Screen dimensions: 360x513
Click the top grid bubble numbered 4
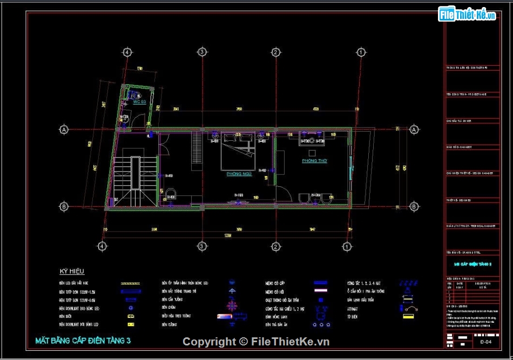[x=127, y=52]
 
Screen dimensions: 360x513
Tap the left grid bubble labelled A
[x=64, y=130]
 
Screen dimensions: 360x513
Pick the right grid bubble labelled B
[x=414, y=206]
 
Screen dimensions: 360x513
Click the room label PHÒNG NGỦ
[x=239, y=174]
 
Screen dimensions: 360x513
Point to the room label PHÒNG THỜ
[x=314, y=161]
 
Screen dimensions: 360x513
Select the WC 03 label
[x=139, y=101]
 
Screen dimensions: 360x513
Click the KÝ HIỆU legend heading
[x=72, y=271]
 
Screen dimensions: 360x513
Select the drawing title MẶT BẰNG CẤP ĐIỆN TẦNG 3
[x=83, y=341]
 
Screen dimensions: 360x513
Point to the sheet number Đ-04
[x=485, y=342]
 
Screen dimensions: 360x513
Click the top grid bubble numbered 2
[x=275, y=52]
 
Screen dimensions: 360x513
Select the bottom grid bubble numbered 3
[x=201, y=246]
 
